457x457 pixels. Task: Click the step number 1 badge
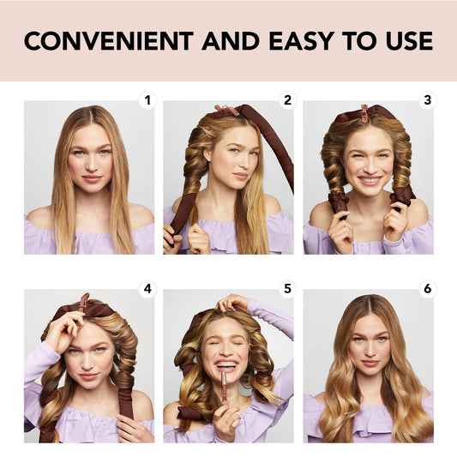click(148, 100)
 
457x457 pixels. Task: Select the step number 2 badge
click(287, 100)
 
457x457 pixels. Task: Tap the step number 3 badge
click(427, 100)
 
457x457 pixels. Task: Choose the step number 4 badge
click(148, 288)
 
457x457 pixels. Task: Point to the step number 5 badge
click(287, 288)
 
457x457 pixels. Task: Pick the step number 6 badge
click(427, 288)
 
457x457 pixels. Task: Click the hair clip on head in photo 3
click(364, 113)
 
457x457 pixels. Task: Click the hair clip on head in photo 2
click(225, 111)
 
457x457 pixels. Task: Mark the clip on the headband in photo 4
click(83, 302)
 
